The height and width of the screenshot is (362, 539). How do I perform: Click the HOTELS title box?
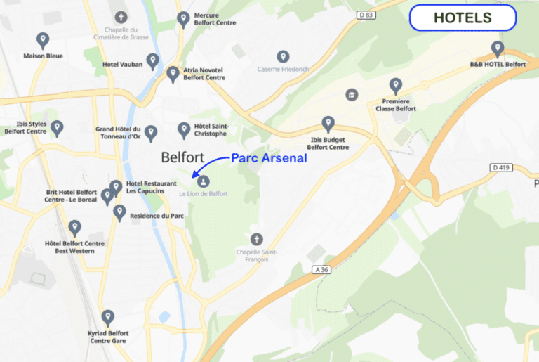(463, 18)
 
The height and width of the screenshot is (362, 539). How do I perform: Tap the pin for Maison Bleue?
(43, 40)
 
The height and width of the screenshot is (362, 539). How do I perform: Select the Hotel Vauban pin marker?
(152, 62)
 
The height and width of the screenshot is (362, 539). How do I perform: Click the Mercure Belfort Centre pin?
(183, 19)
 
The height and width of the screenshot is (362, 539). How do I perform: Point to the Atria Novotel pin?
(173, 74)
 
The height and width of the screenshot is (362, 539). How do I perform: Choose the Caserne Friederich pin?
(283, 57)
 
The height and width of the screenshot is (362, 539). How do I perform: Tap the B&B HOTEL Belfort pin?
(498, 49)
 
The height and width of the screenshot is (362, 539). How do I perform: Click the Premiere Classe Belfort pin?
(396, 86)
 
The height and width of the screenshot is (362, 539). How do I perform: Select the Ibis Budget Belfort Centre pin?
(328, 124)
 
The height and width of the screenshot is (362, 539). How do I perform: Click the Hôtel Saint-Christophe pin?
(184, 129)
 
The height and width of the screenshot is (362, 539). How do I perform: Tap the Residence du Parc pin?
(119, 212)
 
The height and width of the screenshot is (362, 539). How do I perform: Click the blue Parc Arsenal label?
(269, 159)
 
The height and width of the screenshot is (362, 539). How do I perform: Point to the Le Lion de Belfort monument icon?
(204, 182)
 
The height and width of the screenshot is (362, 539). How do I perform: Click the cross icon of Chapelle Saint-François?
(257, 239)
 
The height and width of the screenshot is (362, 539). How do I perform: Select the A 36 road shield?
(321, 269)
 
